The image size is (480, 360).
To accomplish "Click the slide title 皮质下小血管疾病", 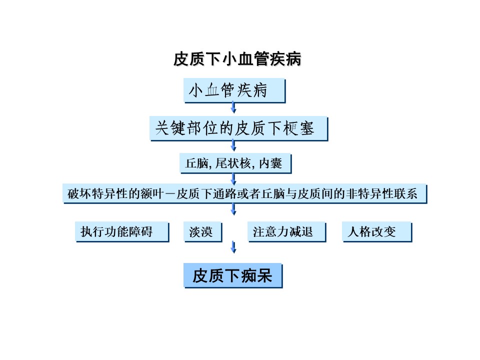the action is (237, 59).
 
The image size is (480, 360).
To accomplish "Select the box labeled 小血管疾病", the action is (234, 90).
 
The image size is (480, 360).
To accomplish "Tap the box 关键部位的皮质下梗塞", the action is (239, 128).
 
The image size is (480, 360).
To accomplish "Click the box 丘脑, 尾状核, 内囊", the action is (235, 163).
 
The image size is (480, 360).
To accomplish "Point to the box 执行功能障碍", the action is (122, 231).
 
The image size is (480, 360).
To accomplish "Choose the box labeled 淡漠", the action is (203, 231).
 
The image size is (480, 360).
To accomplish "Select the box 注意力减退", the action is (287, 231).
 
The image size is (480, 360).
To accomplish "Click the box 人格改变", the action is (377, 231).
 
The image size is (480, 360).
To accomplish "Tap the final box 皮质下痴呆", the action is (233, 275).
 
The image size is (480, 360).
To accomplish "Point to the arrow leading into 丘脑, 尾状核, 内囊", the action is (233, 145).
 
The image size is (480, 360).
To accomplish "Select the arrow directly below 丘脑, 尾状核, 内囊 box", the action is (233, 179).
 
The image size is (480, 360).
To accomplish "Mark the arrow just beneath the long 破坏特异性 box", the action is (233, 209).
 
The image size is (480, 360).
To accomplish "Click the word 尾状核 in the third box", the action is (233, 163).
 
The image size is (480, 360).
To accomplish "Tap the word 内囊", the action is (270, 163).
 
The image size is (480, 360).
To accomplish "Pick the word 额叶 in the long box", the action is (152, 194).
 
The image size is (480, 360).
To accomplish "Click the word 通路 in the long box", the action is (224, 194).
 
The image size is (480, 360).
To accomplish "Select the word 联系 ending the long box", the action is (405, 194).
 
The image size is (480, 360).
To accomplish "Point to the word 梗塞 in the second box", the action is (298, 128).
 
